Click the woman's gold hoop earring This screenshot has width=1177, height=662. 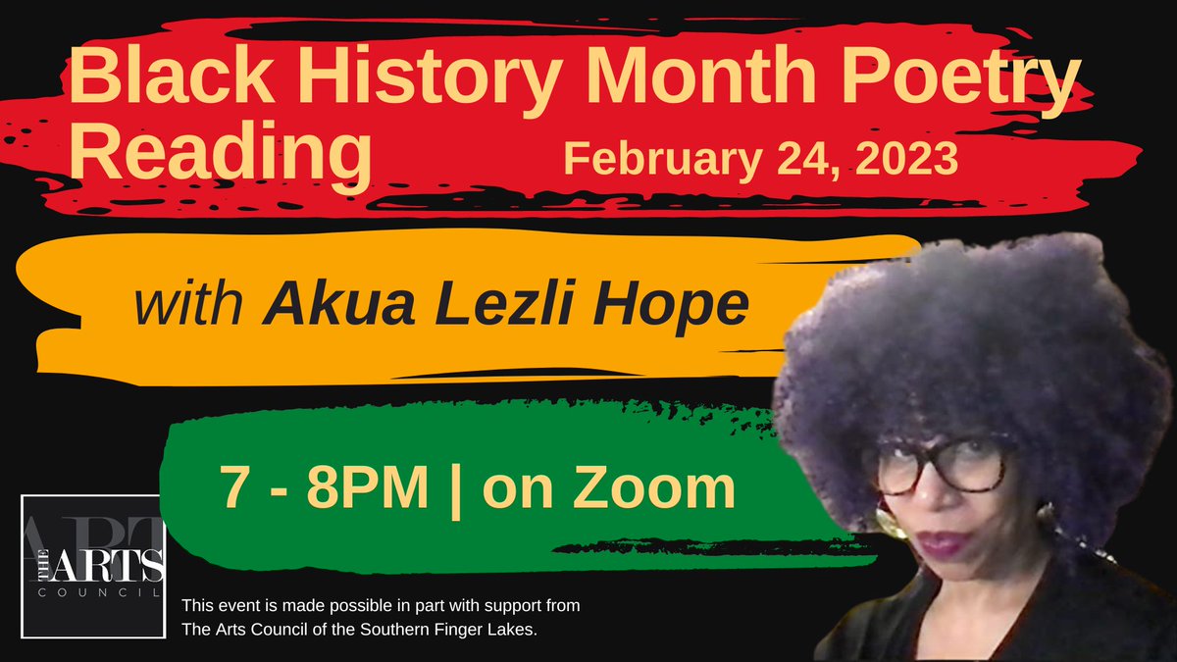click(x=892, y=521)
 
